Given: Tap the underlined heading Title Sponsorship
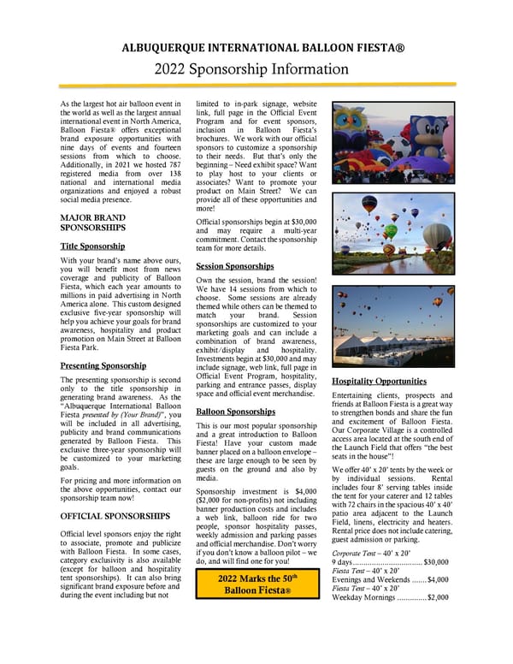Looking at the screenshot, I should pyautogui.click(x=93, y=246).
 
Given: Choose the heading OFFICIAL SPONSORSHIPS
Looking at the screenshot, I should pyautogui.click(x=115, y=516).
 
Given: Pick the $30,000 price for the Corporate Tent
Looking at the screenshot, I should pyautogui.click(x=436, y=562).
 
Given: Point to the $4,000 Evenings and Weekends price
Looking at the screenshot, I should pyautogui.click(x=438, y=579).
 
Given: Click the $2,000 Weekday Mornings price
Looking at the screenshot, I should pyautogui.click(x=436, y=597).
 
